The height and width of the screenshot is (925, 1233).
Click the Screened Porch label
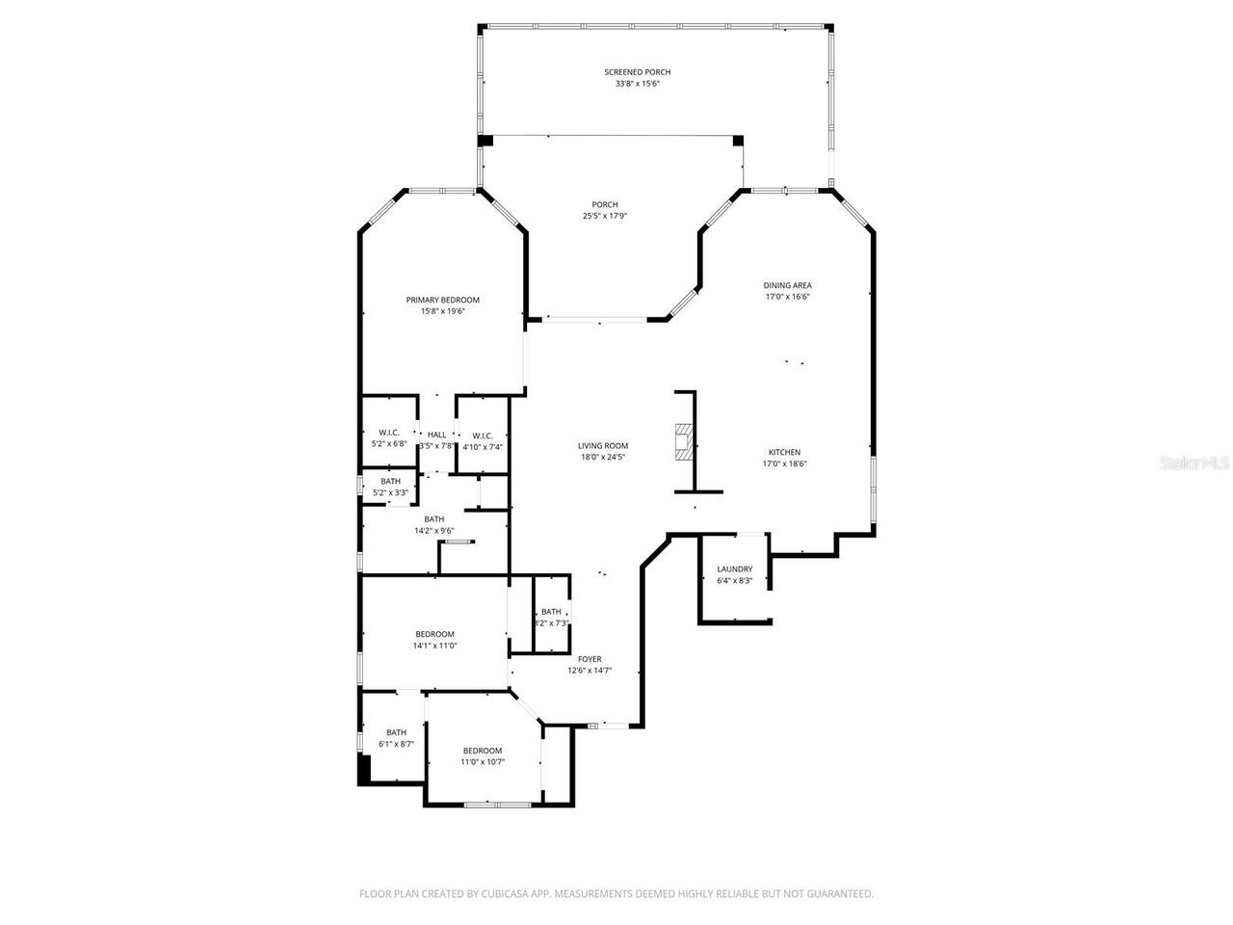[637, 72]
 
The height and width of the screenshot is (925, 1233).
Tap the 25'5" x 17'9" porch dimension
[604, 216]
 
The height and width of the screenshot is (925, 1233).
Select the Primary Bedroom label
[442, 300]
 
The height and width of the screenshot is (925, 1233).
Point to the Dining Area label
[787, 285]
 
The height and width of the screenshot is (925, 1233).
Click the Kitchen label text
[784, 452]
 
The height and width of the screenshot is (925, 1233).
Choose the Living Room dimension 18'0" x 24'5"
[603, 458]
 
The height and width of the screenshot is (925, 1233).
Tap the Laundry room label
[734, 569]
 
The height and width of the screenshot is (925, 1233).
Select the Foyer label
[590, 659]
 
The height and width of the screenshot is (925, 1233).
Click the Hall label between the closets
[436, 435]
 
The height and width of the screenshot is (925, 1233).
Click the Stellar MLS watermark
[1194, 462]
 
